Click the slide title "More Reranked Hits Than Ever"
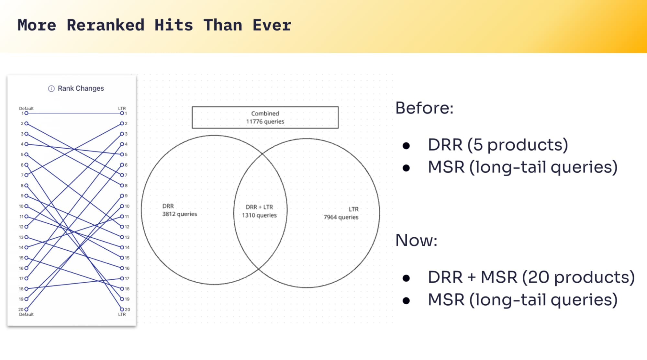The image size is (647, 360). (x=154, y=25)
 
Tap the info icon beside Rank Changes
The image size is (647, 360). (x=51, y=88)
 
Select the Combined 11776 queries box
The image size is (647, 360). (x=265, y=118)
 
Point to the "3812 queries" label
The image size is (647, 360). (x=180, y=214)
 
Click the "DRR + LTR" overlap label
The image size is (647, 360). (x=259, y=207)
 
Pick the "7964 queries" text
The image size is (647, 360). (x=341, y=217)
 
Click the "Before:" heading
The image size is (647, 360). (x=424, y=108)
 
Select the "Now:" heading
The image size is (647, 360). (x=416, y=241)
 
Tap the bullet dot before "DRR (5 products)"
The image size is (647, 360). (x=406, y=146)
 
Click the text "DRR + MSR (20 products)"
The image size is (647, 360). (x=531, y=277)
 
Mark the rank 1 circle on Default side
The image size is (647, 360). (x=26, y=113)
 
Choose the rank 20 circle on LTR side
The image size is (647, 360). (x=122, y=309)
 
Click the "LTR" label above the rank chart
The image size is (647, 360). (x=122, y=108)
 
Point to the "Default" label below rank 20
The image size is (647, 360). (x=26, y=314)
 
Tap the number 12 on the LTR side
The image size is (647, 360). (x=127, y=227)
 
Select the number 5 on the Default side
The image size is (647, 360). (x=22, y=155)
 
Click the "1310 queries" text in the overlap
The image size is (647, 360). (x=259, y=215)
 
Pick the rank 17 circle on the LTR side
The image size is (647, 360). (x=122, y=278)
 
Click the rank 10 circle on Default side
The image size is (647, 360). (x=26, y=206)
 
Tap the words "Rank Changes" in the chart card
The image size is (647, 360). (x=81, y=88)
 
